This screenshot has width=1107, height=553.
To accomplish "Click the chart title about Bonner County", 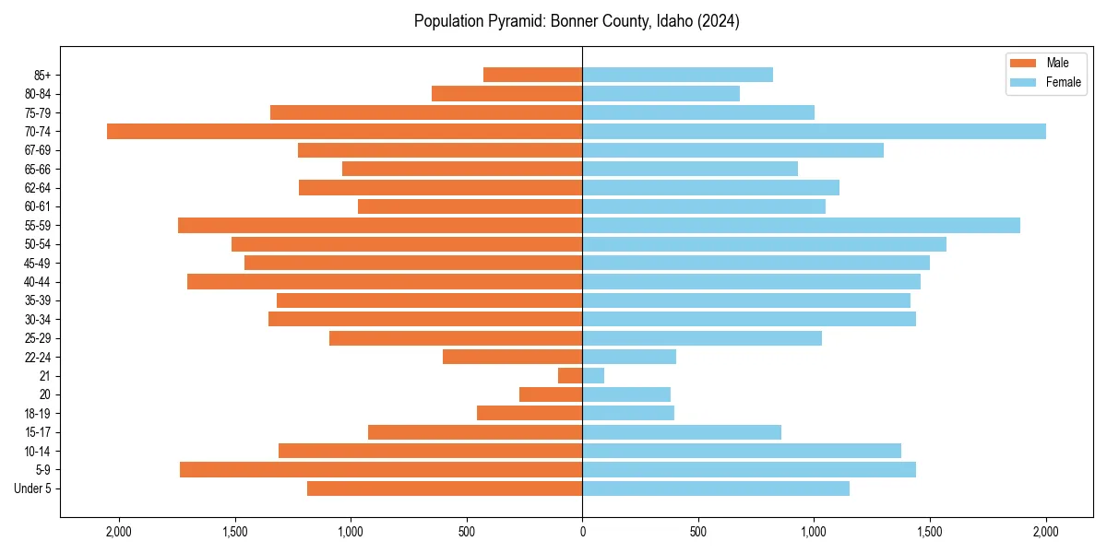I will coord(577,21).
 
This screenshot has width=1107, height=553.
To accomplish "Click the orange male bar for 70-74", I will coord(344,131).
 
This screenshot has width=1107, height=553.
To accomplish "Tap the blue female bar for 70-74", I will coord(814,131).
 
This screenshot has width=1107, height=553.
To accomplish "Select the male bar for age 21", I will coord(570,375).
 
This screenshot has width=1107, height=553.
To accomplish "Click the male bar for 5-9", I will coord(381,469).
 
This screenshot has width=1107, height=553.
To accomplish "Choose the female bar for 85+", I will coord(677,75).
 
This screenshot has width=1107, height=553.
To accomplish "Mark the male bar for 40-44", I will coord(385,281).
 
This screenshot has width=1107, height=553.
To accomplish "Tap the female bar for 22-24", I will coord(629,357).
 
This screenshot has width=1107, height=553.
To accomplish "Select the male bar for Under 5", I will coord(445,488).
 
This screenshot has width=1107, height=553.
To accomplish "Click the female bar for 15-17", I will coord(682,431).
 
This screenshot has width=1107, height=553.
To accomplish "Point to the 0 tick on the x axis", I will coord(582,531).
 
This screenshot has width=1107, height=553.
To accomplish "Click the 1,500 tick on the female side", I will coord(930,531).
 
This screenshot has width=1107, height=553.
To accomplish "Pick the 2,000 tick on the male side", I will coord(119,531).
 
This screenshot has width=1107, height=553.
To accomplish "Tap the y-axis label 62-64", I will coord(37,188).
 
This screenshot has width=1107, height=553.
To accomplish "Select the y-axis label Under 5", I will coord(33,488).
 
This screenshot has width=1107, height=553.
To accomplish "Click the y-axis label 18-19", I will coord(37,413).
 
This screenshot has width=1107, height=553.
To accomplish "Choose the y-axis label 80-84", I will coord(37,94).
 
